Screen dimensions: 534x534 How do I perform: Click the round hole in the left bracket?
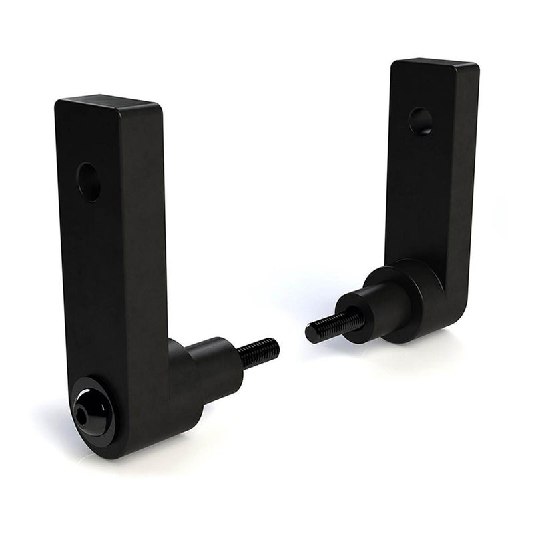coord(88,181)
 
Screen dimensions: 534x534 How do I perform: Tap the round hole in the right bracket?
coord(421,121)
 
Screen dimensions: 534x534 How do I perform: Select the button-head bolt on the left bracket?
coord(92,413)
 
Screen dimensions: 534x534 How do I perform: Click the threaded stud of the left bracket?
coord(258,353)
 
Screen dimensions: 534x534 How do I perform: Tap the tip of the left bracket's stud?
coord(275,346)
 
